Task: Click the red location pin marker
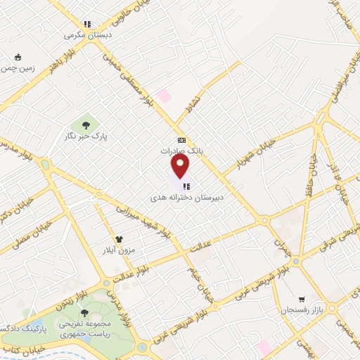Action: pyautogui.click(x=181, y=165)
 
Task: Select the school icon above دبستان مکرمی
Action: pyautogui.click(x=86, y=23)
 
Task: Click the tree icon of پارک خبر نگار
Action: pyautogui.click(x=86, y=125)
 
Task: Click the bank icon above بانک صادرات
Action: pyautogui.click(x=181, y=140)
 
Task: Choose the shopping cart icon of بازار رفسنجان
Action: pyautogui.click(x=302, y=299)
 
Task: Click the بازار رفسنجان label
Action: pyautogui.click(x=300, y=310)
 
